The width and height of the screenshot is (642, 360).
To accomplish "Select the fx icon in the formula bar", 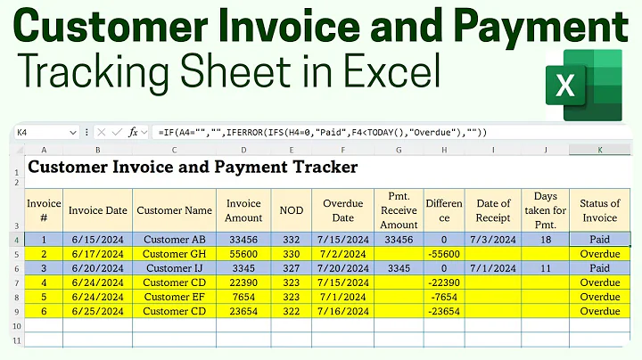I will tap(134, 132).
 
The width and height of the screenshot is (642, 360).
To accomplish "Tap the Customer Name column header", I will tap(175, 210).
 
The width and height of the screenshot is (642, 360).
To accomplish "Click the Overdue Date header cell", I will tap(343, 210).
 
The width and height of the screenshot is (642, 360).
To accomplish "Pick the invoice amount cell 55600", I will tap(243, 253).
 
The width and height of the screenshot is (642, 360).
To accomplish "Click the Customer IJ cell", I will tap(175, 267).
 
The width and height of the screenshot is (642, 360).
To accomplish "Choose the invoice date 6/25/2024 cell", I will tap(99, 311).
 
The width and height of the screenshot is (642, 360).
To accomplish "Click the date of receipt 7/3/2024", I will tap(493, 239).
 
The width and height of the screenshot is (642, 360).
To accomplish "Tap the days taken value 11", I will tap(545, 267).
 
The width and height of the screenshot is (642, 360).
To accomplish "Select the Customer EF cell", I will tap(175, 297).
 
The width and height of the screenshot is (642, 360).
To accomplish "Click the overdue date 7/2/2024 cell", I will tap(343, 253).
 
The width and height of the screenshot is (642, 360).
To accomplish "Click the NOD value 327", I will tap(291, 267).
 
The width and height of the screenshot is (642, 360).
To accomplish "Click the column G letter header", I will tap(399, 150).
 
